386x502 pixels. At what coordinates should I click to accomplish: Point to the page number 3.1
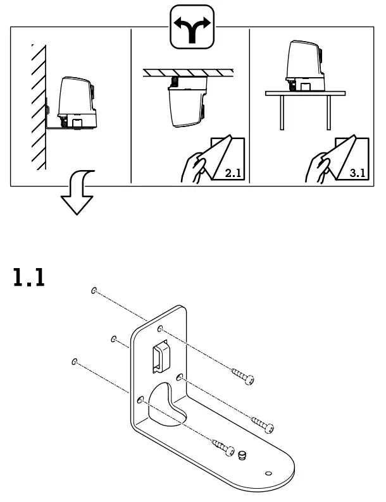(354, 174)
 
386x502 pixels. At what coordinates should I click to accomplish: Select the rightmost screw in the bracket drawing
(263, 424)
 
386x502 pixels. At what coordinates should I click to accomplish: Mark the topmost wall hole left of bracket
(94, 291)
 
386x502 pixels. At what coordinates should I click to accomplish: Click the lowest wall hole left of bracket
(75, 362)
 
